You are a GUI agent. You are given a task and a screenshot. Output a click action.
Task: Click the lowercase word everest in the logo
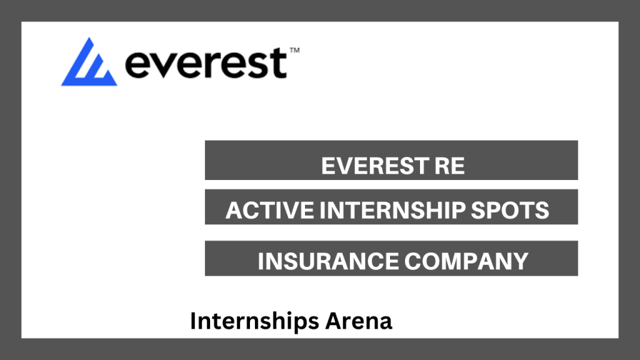(206, 63)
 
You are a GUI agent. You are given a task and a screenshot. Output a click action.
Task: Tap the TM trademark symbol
(295, 51)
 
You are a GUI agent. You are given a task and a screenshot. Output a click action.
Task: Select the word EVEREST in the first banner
(374, 166)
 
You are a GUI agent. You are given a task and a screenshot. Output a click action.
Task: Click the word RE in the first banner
(449, 166)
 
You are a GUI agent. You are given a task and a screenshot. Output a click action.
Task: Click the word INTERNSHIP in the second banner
(392, 210)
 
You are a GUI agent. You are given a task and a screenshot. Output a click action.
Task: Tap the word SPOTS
(510, 210)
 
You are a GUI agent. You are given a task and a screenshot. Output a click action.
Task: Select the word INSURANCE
(328, 261)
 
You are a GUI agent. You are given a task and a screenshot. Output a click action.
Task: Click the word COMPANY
(466, 261)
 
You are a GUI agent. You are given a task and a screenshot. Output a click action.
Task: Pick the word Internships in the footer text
(254, 321)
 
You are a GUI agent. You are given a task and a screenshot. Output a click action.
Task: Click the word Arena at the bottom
(359, 321)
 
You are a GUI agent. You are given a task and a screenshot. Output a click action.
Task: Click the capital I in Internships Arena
(193, 321)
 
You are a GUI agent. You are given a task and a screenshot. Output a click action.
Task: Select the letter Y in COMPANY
(520, 261)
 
